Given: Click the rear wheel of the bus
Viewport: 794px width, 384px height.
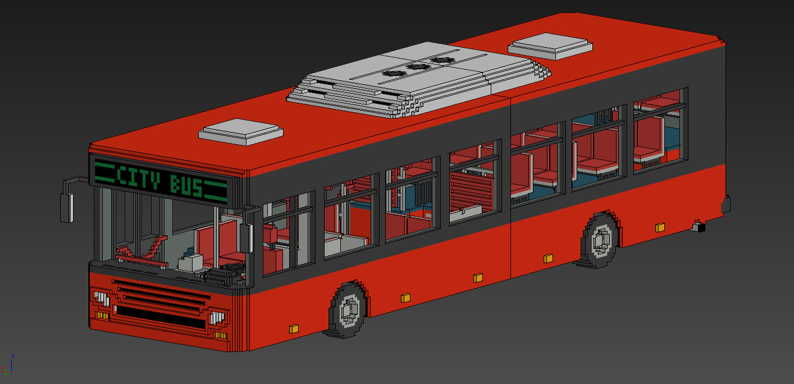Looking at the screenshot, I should (x=601, y=240).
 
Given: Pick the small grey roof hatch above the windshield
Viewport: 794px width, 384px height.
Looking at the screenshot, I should (x=241, y=131).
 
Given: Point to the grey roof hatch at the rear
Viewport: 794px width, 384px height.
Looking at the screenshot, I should (x=550, y=45).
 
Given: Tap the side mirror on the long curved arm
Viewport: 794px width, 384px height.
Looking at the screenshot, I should (x=67, y=207).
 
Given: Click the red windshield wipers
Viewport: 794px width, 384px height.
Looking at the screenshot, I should (x=140, y=250).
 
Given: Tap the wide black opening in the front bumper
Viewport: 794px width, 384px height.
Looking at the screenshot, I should (x=160, y=318).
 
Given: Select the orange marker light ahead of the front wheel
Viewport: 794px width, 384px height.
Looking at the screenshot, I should (x=293, y=328).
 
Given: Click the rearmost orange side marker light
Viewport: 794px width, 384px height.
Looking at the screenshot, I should (x=660, y=227).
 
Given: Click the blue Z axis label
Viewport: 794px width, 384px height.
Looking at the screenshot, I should (x=12, y=356).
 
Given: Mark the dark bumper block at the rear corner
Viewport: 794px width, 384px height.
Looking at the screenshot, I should (x=726, y=205).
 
